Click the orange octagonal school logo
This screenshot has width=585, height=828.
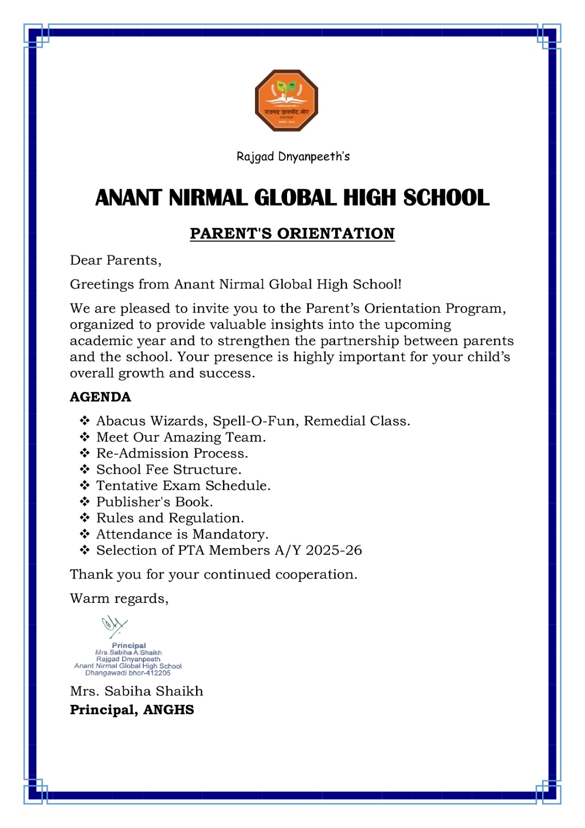286,100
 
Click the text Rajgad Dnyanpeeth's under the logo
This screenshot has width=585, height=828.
293,156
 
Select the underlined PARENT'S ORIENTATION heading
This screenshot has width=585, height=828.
292,233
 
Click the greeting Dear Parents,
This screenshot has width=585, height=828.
115,260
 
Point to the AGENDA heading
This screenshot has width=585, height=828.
100,397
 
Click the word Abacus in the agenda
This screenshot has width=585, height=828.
121,421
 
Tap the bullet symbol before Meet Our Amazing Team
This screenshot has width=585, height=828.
85,437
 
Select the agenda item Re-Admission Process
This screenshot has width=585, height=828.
172,453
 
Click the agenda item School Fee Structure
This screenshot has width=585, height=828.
169,469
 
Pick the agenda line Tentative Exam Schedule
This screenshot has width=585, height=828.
183,485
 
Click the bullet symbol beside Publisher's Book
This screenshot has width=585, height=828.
85,502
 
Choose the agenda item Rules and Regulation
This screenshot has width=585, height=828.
170,518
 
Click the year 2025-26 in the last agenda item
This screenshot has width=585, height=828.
334,550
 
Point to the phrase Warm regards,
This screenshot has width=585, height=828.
119,599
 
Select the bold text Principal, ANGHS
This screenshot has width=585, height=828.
132,709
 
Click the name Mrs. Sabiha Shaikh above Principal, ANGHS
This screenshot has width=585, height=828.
137,691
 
